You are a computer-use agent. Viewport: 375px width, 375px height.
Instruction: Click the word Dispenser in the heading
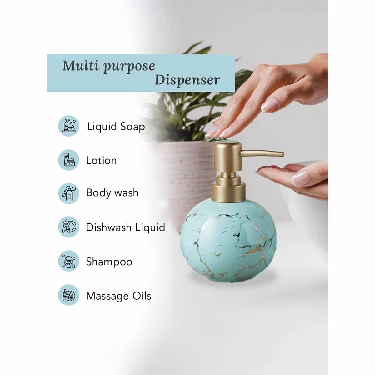pos(187,80)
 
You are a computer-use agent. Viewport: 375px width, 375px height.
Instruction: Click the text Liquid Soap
pos(116,127)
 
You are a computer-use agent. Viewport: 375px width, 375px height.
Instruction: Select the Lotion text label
pos(101,161)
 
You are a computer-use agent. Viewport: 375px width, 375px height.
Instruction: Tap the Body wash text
pos(112,193)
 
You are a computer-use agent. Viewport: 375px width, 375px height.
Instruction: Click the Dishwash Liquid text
pos(125,227)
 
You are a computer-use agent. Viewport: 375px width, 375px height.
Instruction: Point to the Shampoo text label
pos(109,262)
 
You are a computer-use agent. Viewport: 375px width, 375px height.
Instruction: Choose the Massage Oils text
pos(118,296)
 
